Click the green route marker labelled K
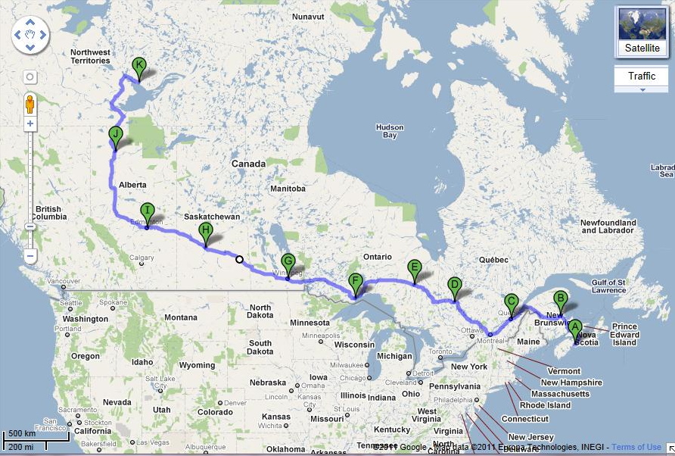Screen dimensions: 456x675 click(138, 66)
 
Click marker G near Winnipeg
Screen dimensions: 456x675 click(288, 263)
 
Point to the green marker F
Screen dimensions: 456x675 click(355, 283)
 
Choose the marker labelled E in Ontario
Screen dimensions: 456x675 click(414, 268)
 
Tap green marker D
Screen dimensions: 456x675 click(454, 286)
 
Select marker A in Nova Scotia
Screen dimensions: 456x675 click(574, 328)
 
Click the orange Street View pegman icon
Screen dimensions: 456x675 click(30, 103)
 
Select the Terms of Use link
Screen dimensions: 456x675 click(636, 447)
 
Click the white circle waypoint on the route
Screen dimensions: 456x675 click(240, 260)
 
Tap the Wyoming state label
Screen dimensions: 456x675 click(197, 365)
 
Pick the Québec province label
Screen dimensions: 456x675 click(492, 259)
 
